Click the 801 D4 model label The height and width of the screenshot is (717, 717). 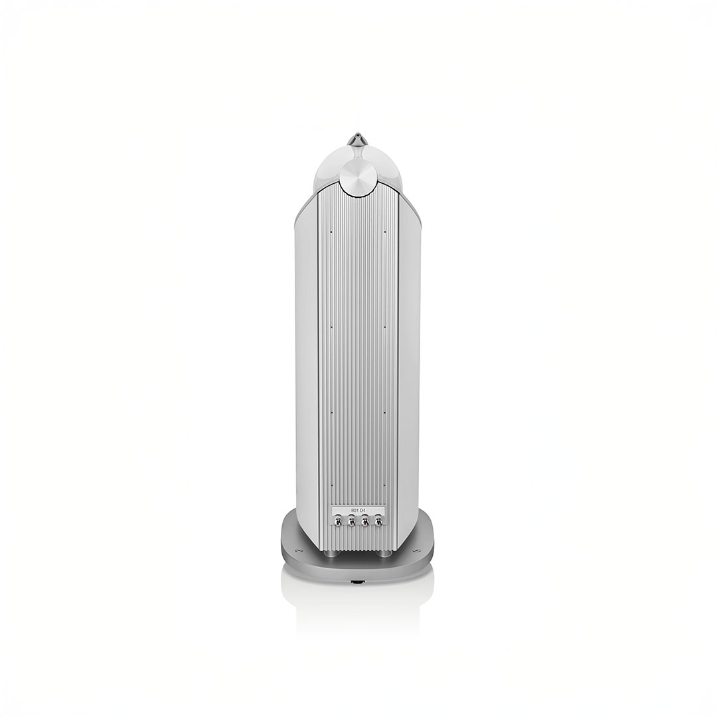pos(358,511)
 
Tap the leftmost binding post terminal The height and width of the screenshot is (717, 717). pos(338,522)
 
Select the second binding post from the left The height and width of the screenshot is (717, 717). pos(351,522)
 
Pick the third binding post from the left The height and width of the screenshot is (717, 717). pos(365,522)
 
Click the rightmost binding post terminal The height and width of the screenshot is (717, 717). pos(378,522)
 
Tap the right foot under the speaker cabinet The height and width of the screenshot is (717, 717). pos(384,552)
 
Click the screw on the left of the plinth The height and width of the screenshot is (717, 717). pos(299,550)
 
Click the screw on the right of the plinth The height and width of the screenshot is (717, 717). pos(416,550)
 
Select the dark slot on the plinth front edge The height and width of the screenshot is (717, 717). pos(358,582)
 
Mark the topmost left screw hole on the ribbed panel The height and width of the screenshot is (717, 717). pos(331,231)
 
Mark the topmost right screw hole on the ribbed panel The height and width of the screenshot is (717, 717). pos(385,231)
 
